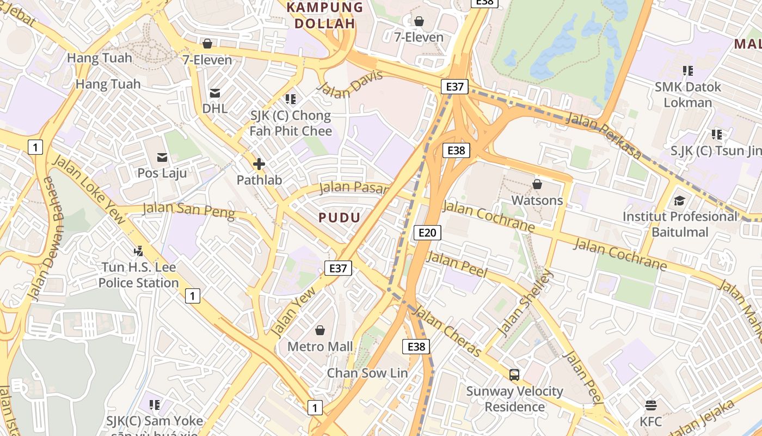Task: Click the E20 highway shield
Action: [x=427, y=233]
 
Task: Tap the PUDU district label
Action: [x=340, y=218]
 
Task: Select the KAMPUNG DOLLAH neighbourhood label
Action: [x=325, y=15]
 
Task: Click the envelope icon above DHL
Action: [x=215, y=93]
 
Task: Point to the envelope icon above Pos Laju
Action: [x=162, y=158]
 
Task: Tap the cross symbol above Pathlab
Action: [x=259, y=163]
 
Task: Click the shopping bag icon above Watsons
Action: [x=537, y=184]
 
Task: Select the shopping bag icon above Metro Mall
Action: [x=320, y=330]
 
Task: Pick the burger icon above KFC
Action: [x=650, y=405]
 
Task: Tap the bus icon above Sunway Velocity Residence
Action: [x=514, y=375]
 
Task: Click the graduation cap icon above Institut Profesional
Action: [x=679, y=201]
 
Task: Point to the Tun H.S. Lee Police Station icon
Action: [x=139, y=251]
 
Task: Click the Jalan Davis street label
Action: [x=350, y=84]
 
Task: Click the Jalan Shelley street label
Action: [x=525, y=303]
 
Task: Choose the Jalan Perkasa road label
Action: [x=604, y=136]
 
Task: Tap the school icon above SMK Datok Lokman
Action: [x=688, y=71]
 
